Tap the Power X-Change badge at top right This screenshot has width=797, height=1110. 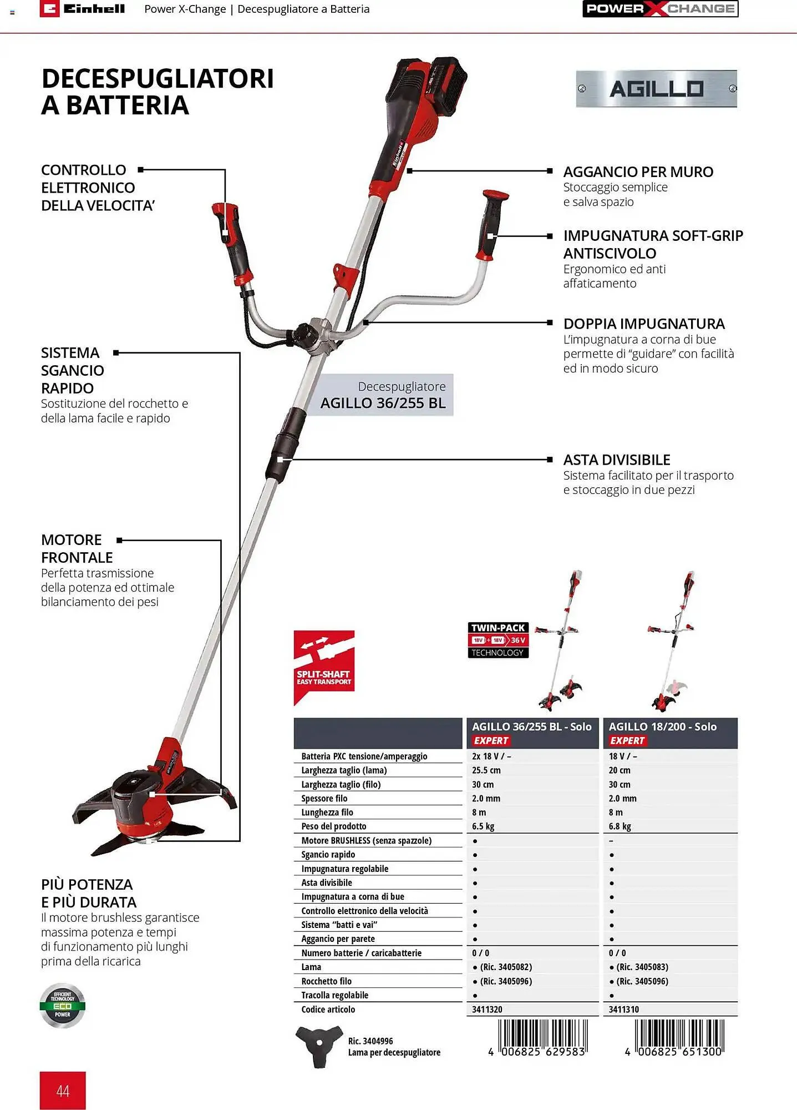point(660,9)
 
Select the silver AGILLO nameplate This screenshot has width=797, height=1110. point(656,89)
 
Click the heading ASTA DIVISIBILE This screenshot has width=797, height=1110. point(617,460)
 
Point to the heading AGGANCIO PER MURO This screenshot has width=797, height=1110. point(638,172)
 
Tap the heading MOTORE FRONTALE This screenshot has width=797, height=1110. point(77,548)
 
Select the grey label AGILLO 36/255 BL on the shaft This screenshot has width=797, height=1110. point(383,395)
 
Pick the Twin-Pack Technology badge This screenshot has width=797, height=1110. point(498,640)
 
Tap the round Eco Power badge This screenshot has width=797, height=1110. point(63,1006)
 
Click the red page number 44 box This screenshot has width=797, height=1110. point(63,1091)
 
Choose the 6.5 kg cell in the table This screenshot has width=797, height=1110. point(483,826)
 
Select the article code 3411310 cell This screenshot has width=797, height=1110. point(623,1010)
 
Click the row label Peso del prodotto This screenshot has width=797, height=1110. point(333,826)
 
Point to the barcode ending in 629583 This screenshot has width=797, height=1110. point(542,1037)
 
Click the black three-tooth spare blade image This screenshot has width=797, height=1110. point(318,1046)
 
